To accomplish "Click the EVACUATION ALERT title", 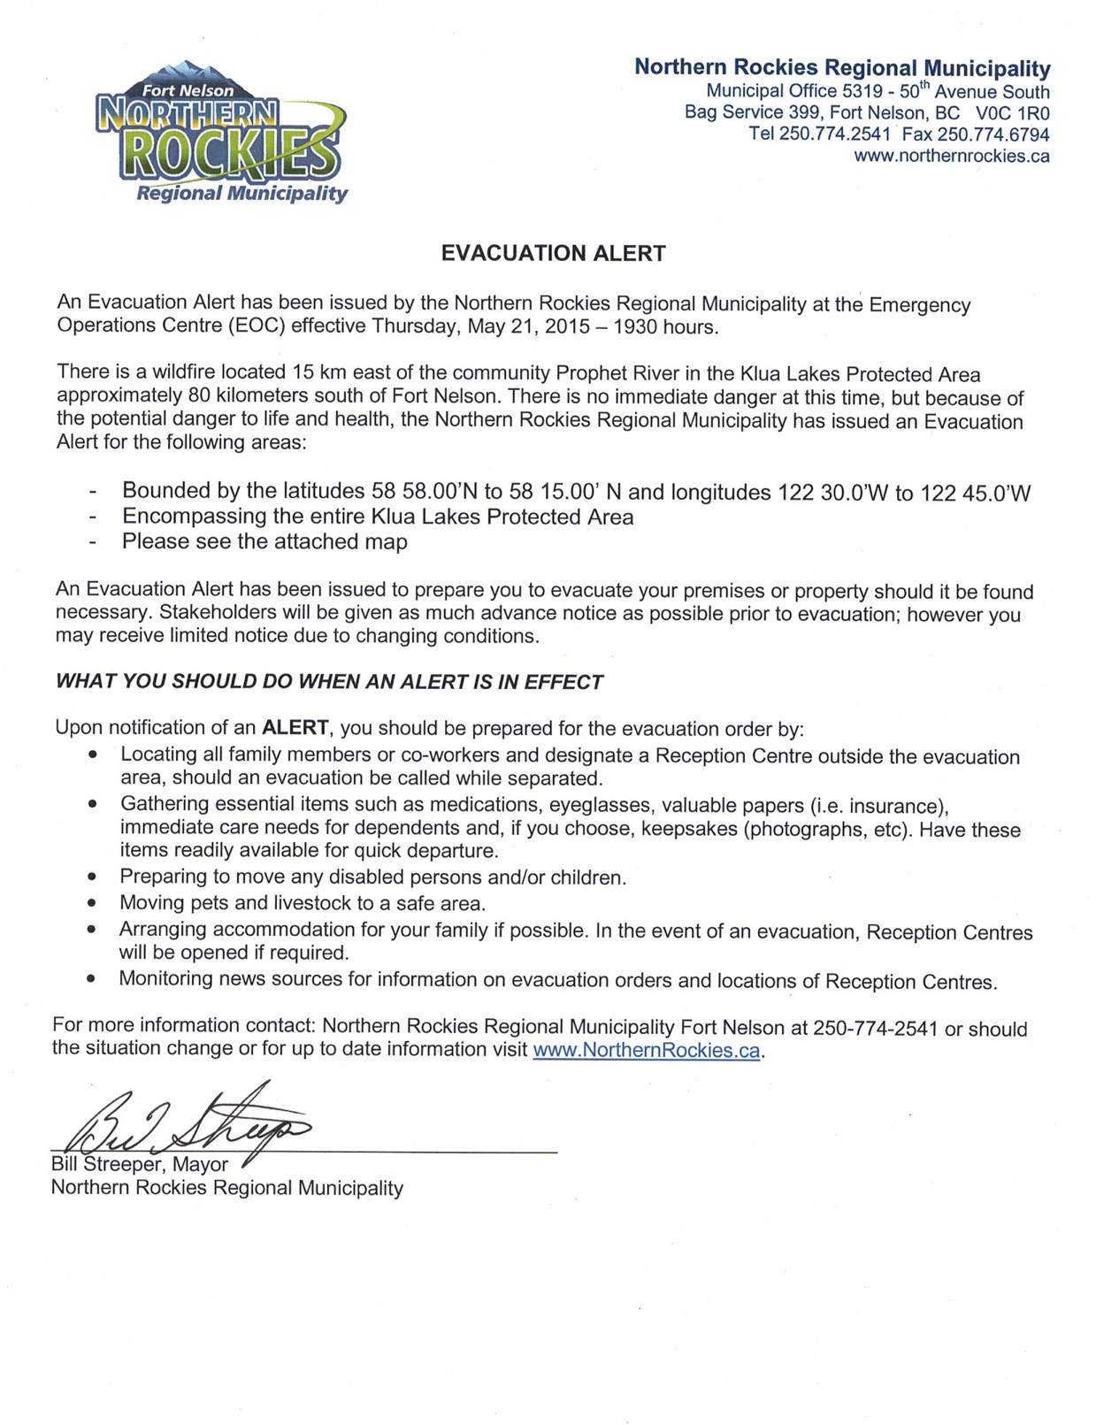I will (x=553, y=254).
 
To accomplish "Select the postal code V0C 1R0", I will (x=1012, y=113).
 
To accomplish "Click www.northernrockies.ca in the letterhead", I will (x=951, y=157).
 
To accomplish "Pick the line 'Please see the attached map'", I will (x=264, y=542).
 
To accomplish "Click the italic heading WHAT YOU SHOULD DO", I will (x=329, y=682).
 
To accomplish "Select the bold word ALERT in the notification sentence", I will (x=295, y=728).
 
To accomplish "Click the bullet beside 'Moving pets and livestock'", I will (x=92, y=904).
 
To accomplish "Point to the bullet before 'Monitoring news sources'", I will (x=91, y=980).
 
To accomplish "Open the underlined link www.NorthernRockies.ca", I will (x=647, y=1051).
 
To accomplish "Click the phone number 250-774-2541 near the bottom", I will (x=875, y=1029).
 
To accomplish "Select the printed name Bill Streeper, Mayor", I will (x=140, y=1165).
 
